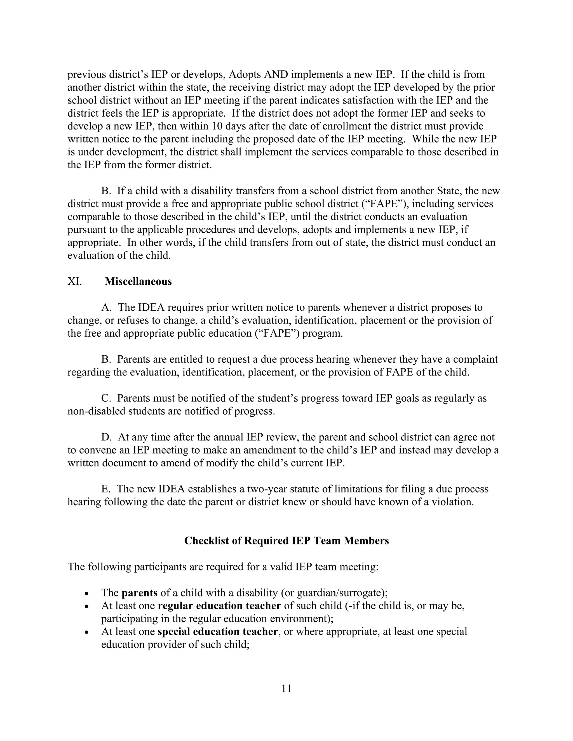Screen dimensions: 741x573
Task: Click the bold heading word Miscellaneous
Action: tap(138, 281)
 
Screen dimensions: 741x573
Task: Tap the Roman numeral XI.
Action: tap(75, 281)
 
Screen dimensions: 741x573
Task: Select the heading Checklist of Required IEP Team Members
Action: tap(286, 541)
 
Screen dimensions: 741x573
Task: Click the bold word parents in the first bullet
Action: tap(139, 593)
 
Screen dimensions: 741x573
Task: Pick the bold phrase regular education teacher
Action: tap(219, 606)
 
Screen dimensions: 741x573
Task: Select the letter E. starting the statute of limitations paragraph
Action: tap(105, 489)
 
